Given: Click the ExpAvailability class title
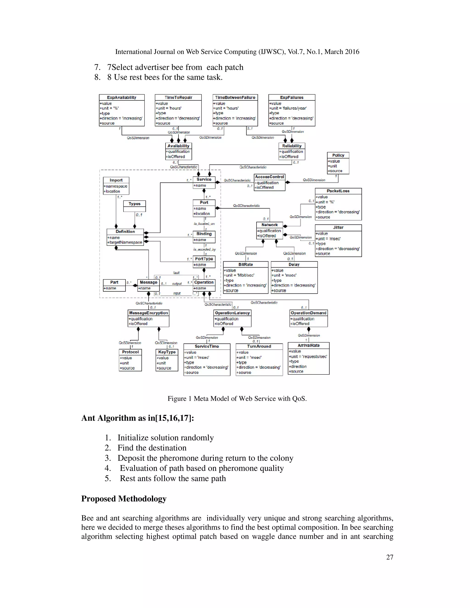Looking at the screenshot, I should click(122, 98).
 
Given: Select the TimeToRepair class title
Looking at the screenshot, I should click(178, 98).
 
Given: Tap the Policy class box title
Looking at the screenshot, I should click(338, 155).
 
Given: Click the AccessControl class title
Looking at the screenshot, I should click(269, 177).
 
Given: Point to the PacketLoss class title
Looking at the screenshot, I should click(338, 191).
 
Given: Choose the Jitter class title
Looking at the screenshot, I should click(338, 227).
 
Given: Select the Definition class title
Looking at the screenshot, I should click(125, 232).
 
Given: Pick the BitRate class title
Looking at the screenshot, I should click(246, 265).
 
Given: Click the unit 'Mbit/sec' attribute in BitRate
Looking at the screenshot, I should click(239, 275).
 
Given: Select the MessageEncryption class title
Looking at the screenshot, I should click(148, 313).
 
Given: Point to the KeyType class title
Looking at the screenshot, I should click(167, 352).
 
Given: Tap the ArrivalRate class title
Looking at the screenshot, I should click(308, 346).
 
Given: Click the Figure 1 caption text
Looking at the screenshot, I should click(237, 399).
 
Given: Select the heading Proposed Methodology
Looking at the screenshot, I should click(124, 499).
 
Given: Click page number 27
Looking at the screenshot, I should click(389, 557).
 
